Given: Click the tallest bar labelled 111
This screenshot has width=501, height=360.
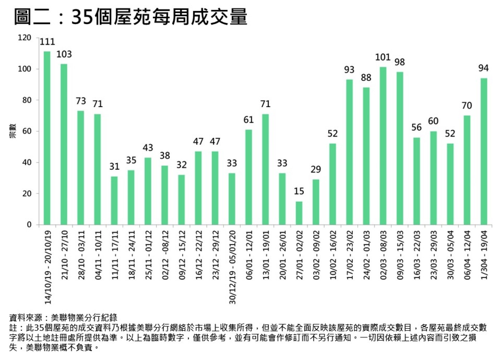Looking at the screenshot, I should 47,138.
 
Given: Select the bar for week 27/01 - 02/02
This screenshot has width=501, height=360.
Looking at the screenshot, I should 299,213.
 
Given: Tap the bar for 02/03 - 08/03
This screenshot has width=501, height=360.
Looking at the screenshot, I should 383,146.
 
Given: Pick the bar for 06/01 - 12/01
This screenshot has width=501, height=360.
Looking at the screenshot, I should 249,177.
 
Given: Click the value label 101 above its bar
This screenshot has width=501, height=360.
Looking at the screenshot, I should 383,57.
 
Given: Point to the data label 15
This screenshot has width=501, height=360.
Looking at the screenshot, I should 299,191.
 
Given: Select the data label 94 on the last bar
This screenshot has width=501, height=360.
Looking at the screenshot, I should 483,68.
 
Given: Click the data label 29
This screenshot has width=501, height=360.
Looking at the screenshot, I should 316,169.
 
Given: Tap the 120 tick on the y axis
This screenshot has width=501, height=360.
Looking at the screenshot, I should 25,38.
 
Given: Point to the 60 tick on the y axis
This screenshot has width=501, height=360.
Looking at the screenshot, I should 27,131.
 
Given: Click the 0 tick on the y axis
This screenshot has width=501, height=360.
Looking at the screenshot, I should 29,225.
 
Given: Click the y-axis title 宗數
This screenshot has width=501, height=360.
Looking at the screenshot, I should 13,131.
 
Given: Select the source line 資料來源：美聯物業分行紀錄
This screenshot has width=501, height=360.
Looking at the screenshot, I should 63,317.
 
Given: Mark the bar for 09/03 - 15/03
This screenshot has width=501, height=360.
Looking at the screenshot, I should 400,148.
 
